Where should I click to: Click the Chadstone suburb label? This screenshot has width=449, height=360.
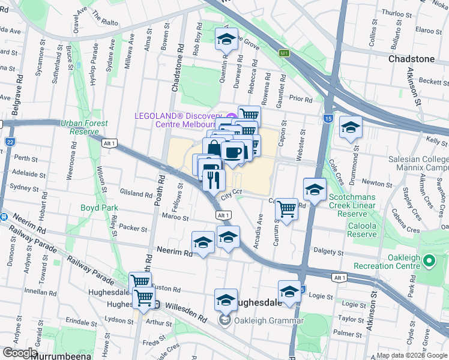click(411, 59)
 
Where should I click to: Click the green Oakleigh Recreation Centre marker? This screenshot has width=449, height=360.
click(429, 261)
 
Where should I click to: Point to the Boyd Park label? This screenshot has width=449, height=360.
click(99, 208)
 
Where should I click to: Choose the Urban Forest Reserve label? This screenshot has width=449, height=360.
click(84, 127)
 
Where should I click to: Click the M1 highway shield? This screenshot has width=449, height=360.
click(284, 53)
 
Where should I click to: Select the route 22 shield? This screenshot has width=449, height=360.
click(10, 142)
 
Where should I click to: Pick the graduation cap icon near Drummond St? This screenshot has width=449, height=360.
click(350, 127)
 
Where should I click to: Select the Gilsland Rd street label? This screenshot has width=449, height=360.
click(136, 194)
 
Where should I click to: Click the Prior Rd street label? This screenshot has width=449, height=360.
click(300, 99)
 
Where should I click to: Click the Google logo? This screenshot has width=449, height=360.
click(20, 353)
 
